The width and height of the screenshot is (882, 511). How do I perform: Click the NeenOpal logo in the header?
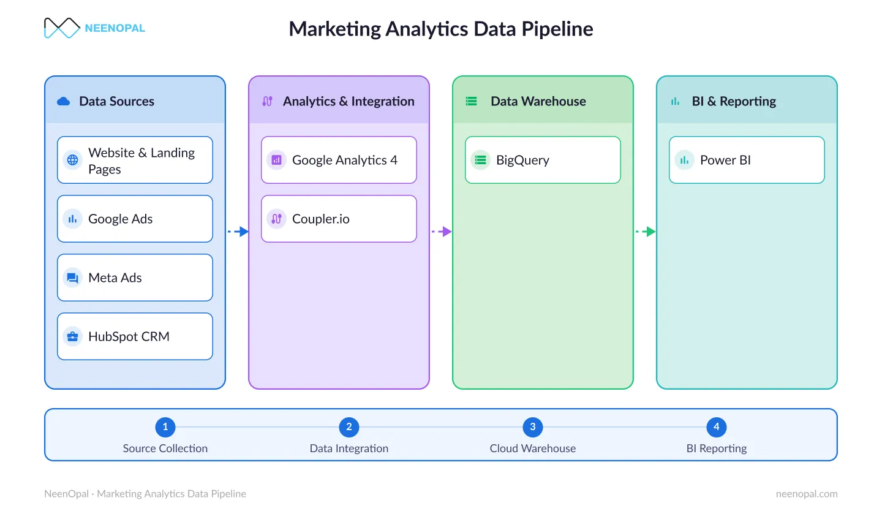coord(94,28)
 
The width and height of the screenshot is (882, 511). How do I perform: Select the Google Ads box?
coord(135,219)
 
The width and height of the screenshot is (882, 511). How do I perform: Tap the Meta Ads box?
coord(135,278)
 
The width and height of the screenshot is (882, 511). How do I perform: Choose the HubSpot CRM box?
coord(135,336)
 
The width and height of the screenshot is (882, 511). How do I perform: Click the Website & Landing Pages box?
coord(135,160)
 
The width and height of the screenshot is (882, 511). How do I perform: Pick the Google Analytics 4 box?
coord(339,160)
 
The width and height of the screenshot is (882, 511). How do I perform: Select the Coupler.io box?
coord(339,219)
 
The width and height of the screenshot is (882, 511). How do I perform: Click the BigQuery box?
coord(543,160)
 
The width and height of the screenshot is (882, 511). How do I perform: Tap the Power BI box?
coord(747,160)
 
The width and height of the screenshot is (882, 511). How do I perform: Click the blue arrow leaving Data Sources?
coord(238,231)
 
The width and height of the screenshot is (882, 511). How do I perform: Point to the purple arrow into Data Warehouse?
coord(442,231)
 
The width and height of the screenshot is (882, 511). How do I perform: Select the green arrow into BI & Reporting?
coord(646,231)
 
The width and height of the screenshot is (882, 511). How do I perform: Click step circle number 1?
coord(165,426)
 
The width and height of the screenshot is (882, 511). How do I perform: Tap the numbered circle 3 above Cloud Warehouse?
coord(533,426)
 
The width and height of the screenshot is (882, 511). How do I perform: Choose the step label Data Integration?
coord(349,449)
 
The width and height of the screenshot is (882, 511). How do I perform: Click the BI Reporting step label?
coord(717,449)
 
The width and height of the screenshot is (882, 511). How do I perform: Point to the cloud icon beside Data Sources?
coord(64,101)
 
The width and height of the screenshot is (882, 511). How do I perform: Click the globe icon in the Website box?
coord(72,160)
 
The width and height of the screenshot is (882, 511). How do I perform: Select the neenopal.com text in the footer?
coord(807,494)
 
